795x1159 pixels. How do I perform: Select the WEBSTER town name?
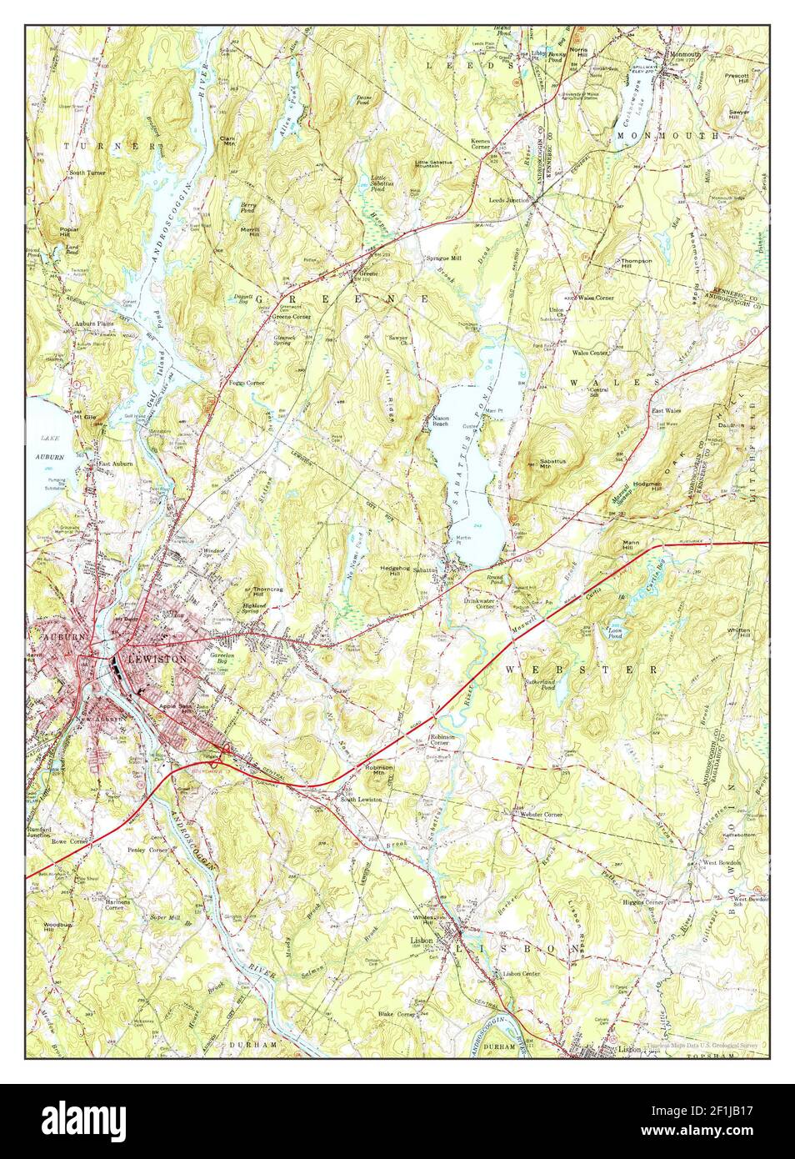[582, 670]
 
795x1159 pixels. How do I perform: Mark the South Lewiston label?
[360, 799]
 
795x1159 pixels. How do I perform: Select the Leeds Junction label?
[509, 201]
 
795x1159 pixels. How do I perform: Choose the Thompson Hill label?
[636, 263]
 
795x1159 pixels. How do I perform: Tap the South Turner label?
[87, 173]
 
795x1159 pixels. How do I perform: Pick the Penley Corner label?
[147, 850]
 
